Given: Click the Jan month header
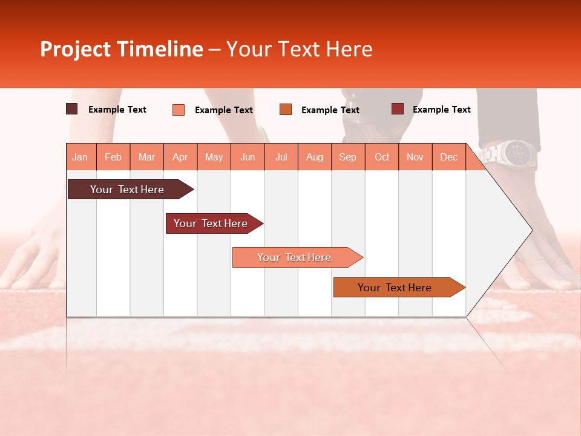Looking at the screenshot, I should point(80,157).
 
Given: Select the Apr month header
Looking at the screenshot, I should point(180,157).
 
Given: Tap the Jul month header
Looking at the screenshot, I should point(281,157).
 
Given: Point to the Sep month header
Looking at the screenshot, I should point(347,157).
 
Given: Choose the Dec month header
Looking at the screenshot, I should point(448,157).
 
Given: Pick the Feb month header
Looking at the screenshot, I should point(113,157).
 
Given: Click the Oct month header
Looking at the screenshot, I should point(382,157).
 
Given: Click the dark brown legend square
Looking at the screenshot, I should point(72,109).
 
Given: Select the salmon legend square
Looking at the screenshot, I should point(179,110).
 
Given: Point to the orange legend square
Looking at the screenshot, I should point(286,110).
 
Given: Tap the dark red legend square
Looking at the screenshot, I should point(398,109).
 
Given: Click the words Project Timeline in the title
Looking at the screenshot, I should point(122,49).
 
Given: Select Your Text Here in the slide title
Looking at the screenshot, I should point(299,49).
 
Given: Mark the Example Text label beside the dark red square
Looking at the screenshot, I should point(441,110).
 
